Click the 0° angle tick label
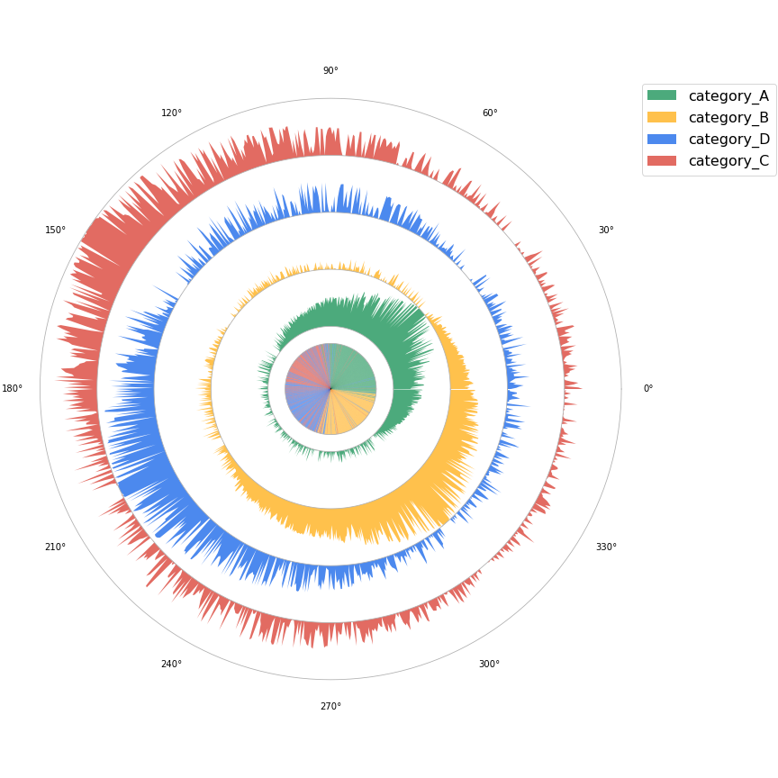pos(647,389)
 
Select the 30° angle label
pos(606,231)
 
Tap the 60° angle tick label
pos(490,113)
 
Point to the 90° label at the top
pos(330,71)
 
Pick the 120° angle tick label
pos(171,113)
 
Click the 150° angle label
pos(56,231)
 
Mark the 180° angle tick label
pos(13,389)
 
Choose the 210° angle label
pos(56,547)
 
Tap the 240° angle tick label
pos(171,665)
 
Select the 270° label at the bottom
pos(330,707)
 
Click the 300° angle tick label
pos(489,665)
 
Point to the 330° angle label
pos(606,547)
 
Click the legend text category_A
pos(728,96)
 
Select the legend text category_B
pos(728,118)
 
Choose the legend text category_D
pos(728,140)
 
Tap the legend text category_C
pos(728,161)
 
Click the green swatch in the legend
pos(662,95)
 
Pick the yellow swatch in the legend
pos(662,117)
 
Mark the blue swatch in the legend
pos(662,139)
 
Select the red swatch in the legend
pos(662,160)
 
